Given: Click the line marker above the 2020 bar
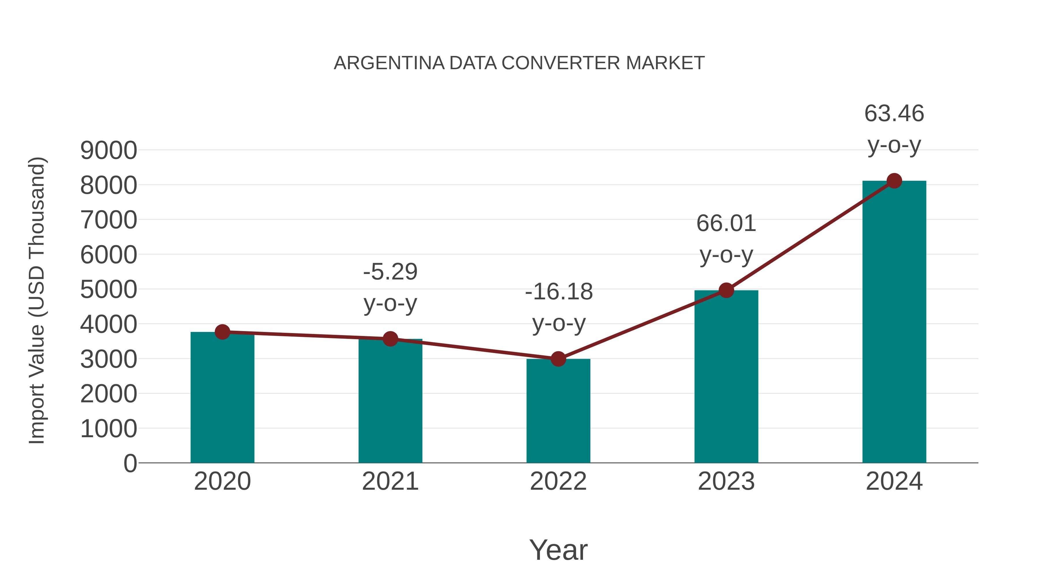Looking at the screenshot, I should tap(222, 332).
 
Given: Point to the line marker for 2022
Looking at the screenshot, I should tap(558, 359).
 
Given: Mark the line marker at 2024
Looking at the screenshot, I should tap(894, 181).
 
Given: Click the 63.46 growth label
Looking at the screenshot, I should tap(894, 113).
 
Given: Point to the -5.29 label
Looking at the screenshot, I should tap(390, 272).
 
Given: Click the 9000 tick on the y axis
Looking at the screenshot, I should tap(109, 151).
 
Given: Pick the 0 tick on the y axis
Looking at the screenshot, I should tap(130, 463).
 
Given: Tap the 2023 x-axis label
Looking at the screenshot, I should tap(726, 481).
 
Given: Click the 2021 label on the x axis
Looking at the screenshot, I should tap(390, 481).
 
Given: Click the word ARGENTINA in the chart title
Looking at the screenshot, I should tap(389, 63).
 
